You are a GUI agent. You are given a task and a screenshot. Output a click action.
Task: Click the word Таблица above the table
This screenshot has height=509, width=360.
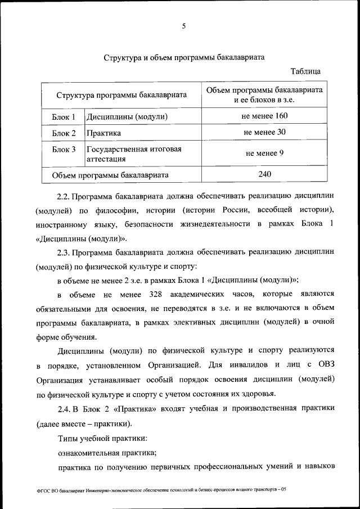coord(305,72)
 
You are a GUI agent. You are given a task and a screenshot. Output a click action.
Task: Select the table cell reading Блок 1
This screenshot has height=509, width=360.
coord(64,117)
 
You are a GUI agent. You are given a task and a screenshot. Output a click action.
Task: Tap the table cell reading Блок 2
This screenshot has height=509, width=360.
coord(64,133)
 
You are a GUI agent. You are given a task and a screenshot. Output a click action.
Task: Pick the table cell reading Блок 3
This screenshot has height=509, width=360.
coord(64,150)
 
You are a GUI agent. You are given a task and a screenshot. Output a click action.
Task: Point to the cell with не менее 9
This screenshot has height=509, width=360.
coord(264,152)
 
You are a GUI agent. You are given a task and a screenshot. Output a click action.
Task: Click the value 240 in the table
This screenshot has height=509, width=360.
coord(264,174)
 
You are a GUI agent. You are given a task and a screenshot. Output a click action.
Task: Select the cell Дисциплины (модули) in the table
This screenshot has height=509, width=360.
coord(127,117)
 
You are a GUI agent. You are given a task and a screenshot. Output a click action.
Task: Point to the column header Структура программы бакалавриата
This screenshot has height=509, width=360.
coord(121,96)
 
